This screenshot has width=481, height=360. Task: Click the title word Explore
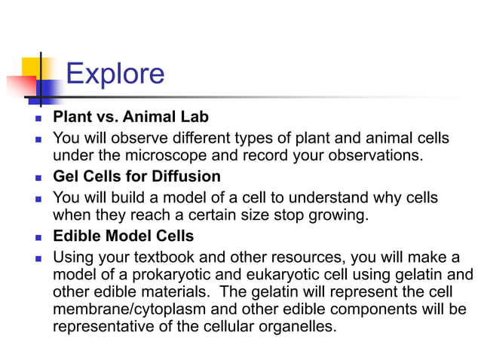coord(115,74)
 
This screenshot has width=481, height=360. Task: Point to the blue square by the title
coord(48,90)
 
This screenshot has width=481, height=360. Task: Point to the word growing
coord(340,215)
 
